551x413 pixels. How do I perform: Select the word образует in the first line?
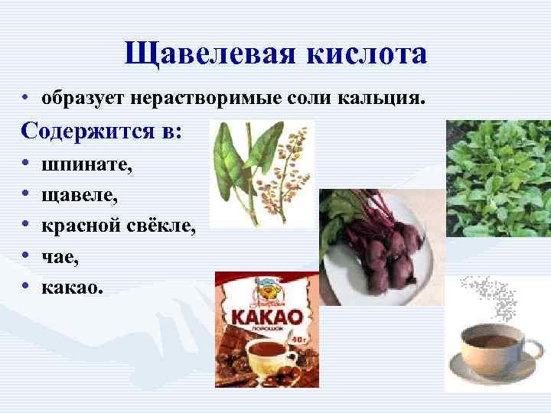click(85, 99)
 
